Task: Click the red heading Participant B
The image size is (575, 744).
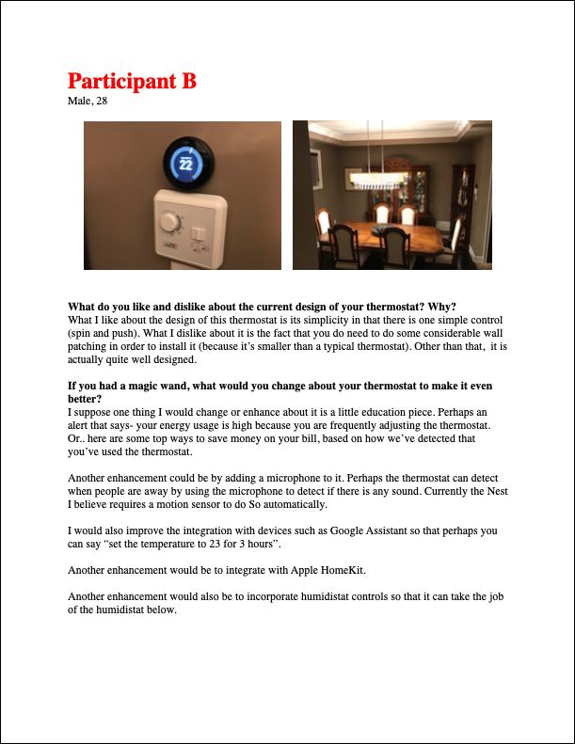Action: [132, 81]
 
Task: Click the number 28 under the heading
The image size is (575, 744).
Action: [101, 101]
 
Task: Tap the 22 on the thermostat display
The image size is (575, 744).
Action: [185, 164]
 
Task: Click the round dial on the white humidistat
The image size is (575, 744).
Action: [171, 223]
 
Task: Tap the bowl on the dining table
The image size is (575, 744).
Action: [379, 228]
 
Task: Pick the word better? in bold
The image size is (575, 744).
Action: [88, 399]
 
